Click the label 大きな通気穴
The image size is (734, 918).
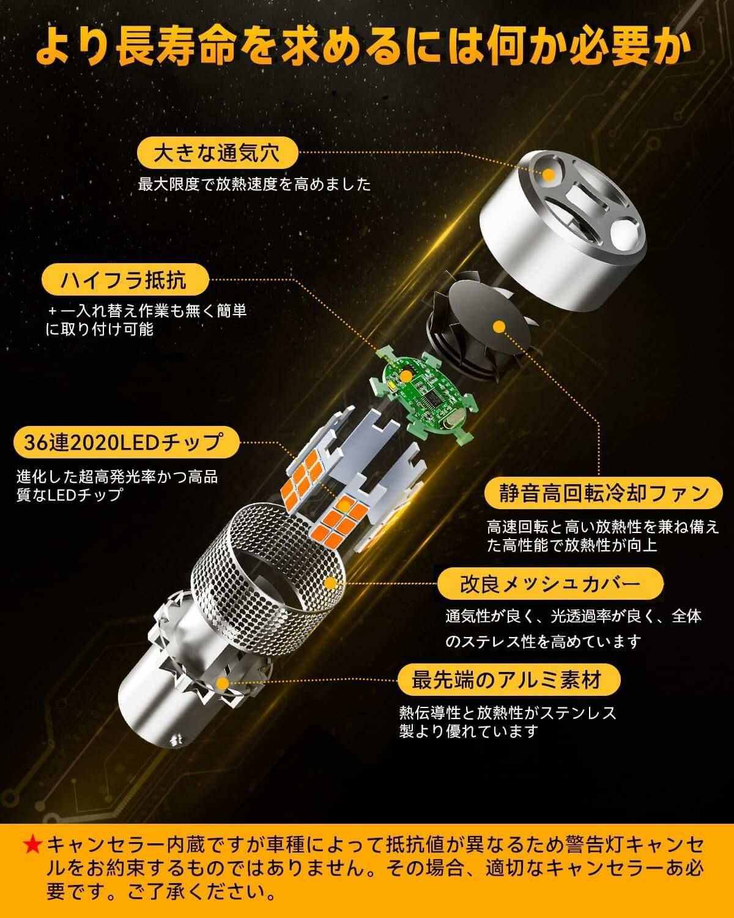click(218, 153)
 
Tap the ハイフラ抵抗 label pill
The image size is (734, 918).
click(125, 280)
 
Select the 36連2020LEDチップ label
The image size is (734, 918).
click(127, 442)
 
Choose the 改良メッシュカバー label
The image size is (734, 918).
click(550, 584)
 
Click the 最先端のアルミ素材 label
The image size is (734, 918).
click(508, 680)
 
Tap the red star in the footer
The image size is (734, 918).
click(32, 845)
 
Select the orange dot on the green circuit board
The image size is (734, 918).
click(406, 376)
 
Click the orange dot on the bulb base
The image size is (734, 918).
click(222, 684)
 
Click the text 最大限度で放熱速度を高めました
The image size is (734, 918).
click(254, 184)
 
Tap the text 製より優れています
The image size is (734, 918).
click(469, 731)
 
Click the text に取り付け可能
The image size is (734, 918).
click(99, 329)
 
